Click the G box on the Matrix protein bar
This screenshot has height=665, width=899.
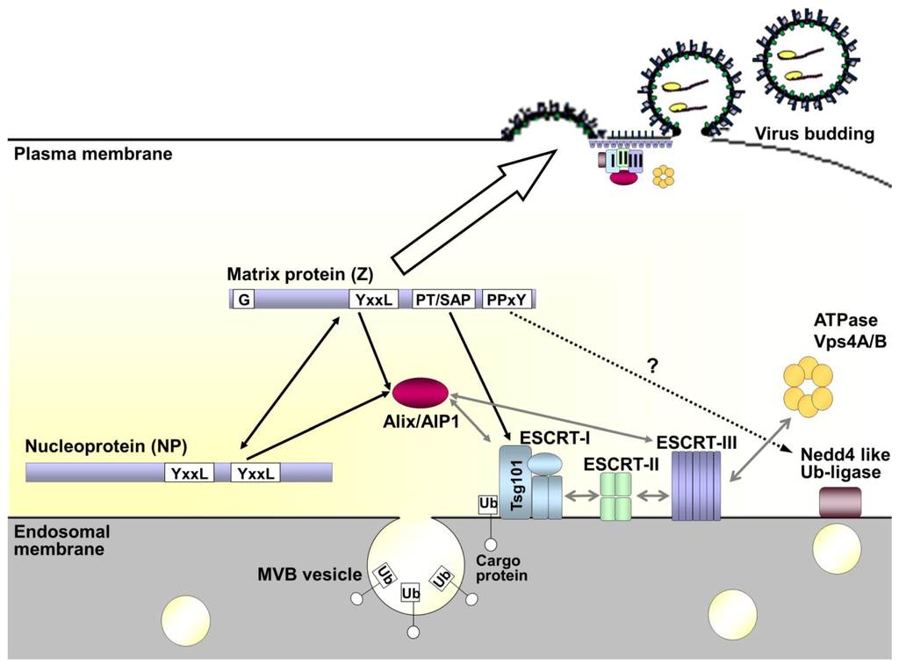point(243,300)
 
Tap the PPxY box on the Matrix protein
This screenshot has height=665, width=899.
point(507,300)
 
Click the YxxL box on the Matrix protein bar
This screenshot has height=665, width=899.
point(376,300)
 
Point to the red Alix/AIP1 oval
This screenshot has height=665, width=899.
point(420,391)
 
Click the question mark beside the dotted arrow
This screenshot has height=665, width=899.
point(651,358)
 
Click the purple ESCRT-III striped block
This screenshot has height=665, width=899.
point(695,492)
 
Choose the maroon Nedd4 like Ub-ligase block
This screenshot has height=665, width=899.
point(839,502)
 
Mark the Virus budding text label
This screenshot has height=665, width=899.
point(814,134)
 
